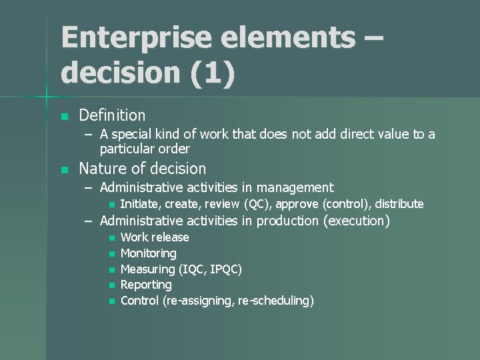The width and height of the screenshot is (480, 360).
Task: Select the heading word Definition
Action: click(x=112, y=115)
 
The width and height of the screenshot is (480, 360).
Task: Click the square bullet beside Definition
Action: click(x=64, y=117)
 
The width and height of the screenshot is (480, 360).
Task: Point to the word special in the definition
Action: click(x=138, y=135)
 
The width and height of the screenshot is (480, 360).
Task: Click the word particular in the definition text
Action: click(x=128, y=148)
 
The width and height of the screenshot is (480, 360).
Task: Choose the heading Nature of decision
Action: click(x=142, y=169)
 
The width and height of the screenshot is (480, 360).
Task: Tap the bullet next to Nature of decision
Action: click(x=64, y=170)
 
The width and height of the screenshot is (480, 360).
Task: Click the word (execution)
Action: click(x=357, y=221)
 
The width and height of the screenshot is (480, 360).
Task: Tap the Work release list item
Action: click(x=155, y=237)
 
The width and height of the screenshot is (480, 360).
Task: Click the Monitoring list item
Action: click(x=148, y=253)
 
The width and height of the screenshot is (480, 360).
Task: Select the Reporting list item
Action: click(x=146, y=285)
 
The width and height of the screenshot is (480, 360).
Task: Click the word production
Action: click(x=285, y=221)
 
